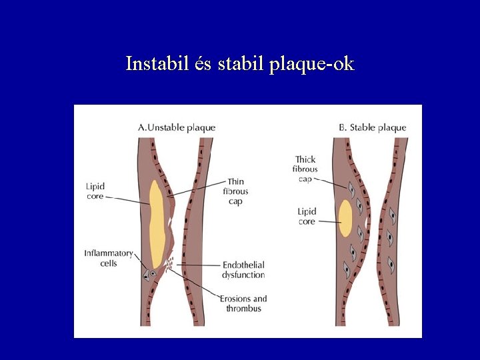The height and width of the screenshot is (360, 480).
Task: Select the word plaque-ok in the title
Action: pos(312,65)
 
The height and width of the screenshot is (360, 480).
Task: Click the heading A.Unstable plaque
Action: pos(176,127)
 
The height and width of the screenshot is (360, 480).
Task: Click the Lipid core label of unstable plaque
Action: pos(95,192)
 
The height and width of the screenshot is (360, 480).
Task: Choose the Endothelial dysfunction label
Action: pos(244,270)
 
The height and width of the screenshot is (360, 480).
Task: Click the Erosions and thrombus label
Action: pos(243,303)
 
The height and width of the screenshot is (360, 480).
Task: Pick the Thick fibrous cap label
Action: pos(306,169)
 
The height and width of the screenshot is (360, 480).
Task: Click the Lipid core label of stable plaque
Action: pos(307,217)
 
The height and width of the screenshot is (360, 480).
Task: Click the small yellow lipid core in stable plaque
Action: pos(345,219)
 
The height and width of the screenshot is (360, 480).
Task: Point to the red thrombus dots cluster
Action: pos(170,263)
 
